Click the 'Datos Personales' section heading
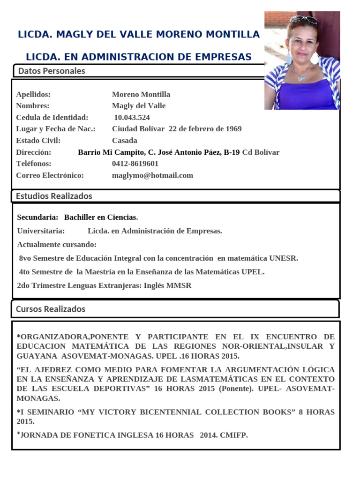(x=52, y=71)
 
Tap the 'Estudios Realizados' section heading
(x=54, y=196)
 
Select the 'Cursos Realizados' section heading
(x=51, y=309)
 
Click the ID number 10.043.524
(x=132, y=117)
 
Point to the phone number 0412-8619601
(x=135, y=164)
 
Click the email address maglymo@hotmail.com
(x=152, y=175)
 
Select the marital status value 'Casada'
(x=125, y=141)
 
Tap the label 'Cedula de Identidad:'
(x=52, y=117)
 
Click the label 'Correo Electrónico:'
(x=50, y=175)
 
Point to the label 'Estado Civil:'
(x=38, y=141)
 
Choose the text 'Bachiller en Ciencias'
(x=100, y=217)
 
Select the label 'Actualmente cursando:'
(x=57, y=245)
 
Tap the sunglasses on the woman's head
(x=303, y=19)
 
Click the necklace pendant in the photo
(x=301, y=77)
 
